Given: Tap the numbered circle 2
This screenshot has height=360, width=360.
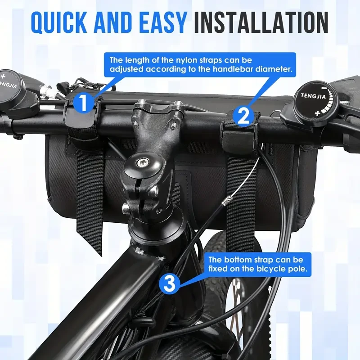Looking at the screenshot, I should [x=243, y=116].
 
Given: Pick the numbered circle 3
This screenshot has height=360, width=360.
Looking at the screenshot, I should [x=169, y=284].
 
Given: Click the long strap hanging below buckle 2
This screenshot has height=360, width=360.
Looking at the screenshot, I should [x=241, y=198].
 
